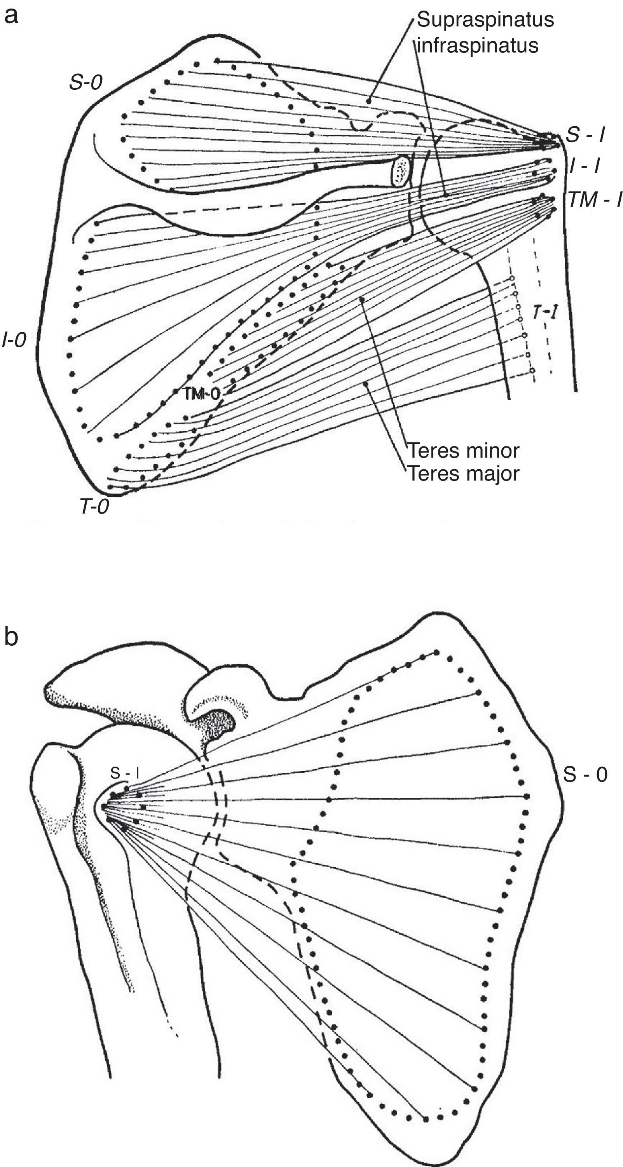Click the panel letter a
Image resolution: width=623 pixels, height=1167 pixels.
pyautogui.click(x=11, y=16)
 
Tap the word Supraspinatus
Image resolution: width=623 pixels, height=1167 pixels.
pyautogui.click(x=485, y=19)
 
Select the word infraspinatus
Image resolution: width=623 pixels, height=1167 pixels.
pyautogui.click(x=478, y=45)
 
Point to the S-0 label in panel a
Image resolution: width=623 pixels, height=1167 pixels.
pyautogui.click(x=86, y=82)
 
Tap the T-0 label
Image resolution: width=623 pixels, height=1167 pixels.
pyautogui.click(x=94, y=507)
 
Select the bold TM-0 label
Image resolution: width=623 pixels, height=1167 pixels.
pyautogui.click(x=202, y=394)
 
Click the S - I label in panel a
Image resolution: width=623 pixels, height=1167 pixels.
pyautogui.click(x=585, y=135)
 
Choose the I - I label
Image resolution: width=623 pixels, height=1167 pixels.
pyautogui.click(x=585, y=167)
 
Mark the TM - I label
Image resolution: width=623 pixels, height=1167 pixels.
pyautogui.click(x=595, y=199)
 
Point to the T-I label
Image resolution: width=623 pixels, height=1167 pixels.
pyautogui.click(x=544, y=312)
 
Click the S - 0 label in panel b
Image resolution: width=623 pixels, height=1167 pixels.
pyautogui.click(x=585, y=774)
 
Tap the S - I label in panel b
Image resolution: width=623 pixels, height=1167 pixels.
pyautogui.click(x=125, y=773)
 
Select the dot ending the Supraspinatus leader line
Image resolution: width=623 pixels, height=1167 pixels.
pyautogui.click(x=369, y=101)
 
